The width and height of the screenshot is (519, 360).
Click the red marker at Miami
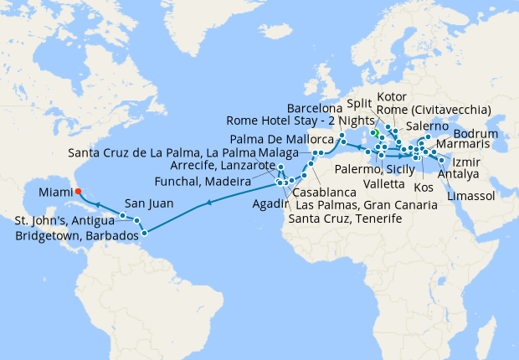point(78,190)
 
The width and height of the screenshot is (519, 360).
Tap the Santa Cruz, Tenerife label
point(345,219)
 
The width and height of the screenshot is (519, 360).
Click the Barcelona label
point(314,109)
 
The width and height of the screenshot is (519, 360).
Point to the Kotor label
point(393,96)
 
